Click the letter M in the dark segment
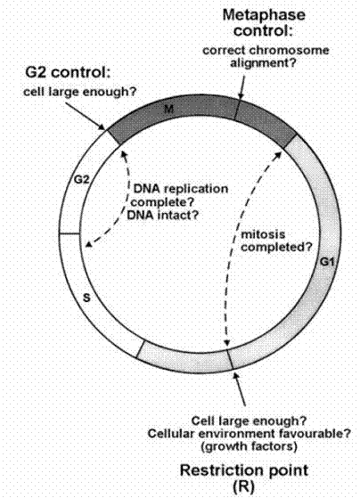pos(169,110)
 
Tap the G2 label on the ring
pos(81,180)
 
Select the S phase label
pos(86,298)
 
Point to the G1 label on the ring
pos(327,262)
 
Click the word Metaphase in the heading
pos(264,15)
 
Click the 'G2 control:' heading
pos(68,73)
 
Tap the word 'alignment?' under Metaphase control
pos(263,63)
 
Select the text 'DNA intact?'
pos(163,216)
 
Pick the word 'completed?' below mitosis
pos(276,247)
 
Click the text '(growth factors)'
pos(250,446)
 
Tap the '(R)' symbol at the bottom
pos(243,486)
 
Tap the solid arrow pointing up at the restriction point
pos(240,388)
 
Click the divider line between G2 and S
pos(70,234)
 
